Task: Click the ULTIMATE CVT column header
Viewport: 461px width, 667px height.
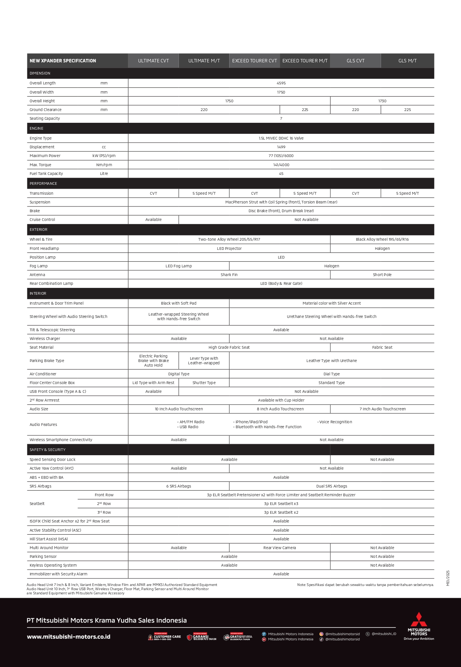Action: coord(153,61)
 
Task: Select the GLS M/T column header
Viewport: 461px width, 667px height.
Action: coord(407,61)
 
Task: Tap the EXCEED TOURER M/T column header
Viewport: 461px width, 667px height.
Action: coord(305,61)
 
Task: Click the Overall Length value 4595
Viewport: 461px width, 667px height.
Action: coord(281,83)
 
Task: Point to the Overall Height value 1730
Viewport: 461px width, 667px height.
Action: coord(382,101)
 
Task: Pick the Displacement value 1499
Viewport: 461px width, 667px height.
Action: coord(281,147)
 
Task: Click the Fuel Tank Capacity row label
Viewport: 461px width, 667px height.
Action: coord(46,174)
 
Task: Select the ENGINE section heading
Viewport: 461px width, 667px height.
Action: coord(37,129)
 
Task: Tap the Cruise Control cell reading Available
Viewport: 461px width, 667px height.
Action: coord(153,220)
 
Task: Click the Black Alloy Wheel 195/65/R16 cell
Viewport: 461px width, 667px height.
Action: coord(382,240)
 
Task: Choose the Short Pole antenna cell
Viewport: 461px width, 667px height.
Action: coord(382,275)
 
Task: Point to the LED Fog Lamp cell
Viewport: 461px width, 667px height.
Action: coord(179,266)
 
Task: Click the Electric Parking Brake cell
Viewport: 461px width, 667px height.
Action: coord(153,361)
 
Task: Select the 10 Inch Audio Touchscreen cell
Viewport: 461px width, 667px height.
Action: coord(179,409)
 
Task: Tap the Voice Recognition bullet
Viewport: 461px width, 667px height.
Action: coord(335,422)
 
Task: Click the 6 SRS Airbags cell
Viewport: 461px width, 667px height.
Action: coord(179,486)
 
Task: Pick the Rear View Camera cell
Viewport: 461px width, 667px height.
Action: coord(279,548)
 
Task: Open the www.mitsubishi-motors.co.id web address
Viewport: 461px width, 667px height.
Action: coord(69,637)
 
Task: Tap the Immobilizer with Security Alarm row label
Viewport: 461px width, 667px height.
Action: coord(59,574)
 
